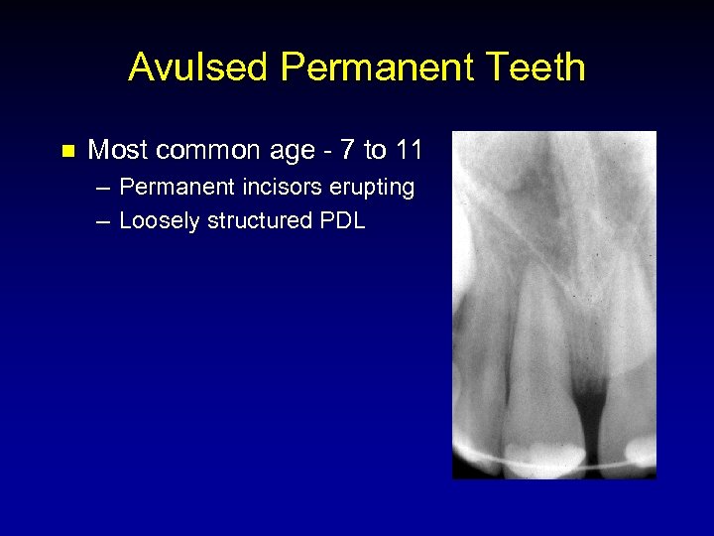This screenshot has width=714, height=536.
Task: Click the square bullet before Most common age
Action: pyautogui.click(x=66, y=152)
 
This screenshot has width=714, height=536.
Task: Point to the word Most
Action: pyautogui.click(x=114, y=151)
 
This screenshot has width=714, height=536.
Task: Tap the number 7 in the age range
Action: pyautogui.click(x=347, y=151)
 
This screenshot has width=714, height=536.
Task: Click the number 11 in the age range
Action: pyautogui.click(x=409, y=151)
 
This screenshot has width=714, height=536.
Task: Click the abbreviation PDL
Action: pyautogui.click(x=342, y=220)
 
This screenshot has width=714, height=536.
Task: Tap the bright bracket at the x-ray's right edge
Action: pyautogui.click(x=642, y=454)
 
